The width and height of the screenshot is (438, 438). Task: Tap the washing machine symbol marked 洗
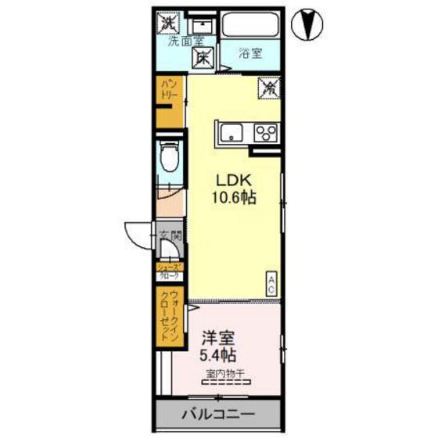pyautogui.click(x=168, y=23)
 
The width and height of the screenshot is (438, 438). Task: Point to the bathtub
pyautogui.click(x=251, y=25)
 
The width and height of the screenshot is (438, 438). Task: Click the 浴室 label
pyautogui.click(x=250, y=54)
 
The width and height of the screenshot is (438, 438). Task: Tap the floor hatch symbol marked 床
pyautogui.click(x=203, y=57)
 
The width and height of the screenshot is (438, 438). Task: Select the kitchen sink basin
pyautogui.click(x=232, y=132)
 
